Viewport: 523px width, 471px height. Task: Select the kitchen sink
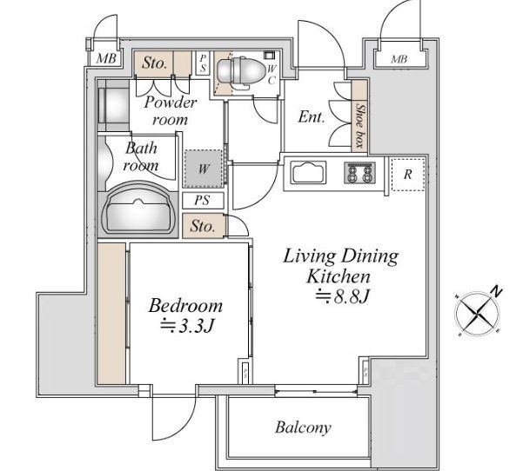(308, 172)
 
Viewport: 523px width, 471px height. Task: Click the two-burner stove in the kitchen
(360, 173)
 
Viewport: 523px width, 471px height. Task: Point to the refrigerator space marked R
(408, 175)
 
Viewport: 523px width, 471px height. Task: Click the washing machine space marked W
(204, 169)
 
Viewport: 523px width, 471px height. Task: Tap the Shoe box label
(360, 125)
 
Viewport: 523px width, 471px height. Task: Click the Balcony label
(303, 428)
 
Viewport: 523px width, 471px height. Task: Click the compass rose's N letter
(496, 292)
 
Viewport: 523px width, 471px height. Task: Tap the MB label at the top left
(106, 58)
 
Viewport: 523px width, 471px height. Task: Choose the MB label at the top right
(399, 59)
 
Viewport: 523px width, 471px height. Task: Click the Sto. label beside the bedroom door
(203, 227)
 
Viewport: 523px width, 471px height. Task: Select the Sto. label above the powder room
(154, 63)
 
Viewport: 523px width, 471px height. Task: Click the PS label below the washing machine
(202, 200)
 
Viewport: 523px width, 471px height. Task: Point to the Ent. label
(312, 117)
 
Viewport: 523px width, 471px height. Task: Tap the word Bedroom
(185, 305)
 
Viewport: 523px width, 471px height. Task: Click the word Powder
(171, 103)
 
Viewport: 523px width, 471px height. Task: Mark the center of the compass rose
(478, 314)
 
